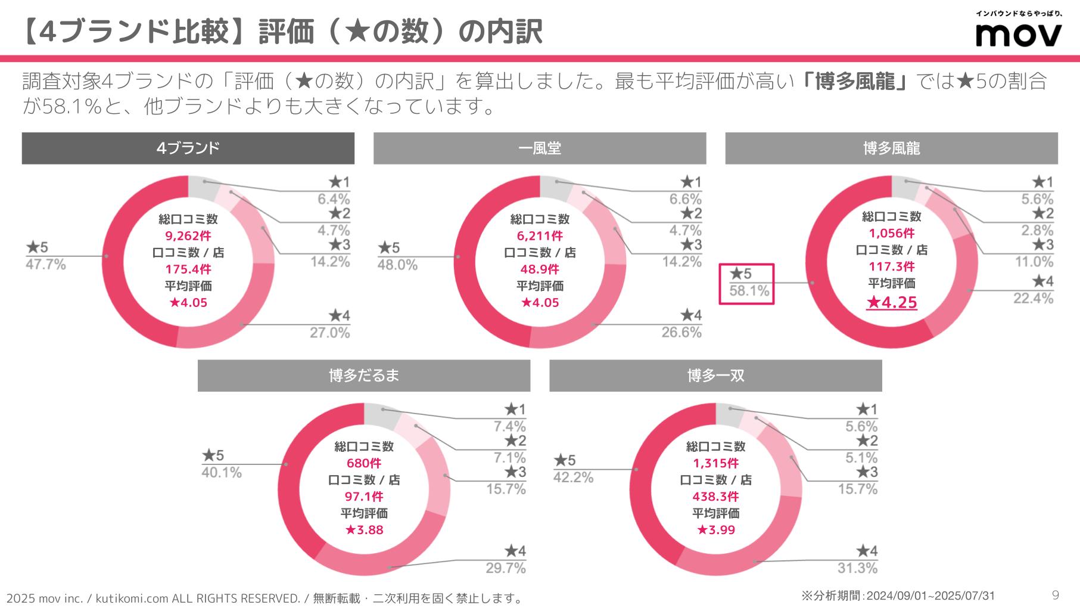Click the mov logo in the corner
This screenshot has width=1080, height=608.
click(x=1018, y=35)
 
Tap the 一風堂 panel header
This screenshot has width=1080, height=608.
click(x=539, y=148)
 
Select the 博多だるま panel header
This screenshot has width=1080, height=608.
click(x=363, y=376)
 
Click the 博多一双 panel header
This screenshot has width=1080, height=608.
click(x=715, y=376)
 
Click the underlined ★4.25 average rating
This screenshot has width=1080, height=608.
click(x=891, y=303)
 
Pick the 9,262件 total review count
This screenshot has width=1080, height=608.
click(x=188, y=236)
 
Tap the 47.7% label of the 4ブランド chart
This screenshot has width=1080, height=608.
click(x=45, y=265)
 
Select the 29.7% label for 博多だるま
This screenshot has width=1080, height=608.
click(x=506, y=568)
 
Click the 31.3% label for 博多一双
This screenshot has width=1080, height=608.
click(x=857, y=568)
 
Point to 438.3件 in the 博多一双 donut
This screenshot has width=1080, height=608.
click(x=715, y=497)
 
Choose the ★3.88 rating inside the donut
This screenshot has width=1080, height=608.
click(x=364, y=530)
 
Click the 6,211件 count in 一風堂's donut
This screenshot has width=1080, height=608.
click(x=540, y=236)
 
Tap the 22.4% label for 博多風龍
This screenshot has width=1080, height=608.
click(x=1033, y=298)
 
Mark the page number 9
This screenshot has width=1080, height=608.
click(x=1056, y=595)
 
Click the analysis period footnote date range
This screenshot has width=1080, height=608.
click(x=930, y=596)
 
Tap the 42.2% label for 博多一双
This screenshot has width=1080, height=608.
click(x=573, y=477)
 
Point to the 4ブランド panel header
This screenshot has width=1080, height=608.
click(x=188, y=148)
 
